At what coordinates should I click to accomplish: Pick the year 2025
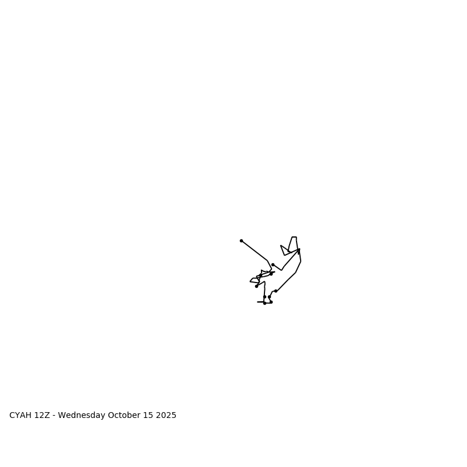166,416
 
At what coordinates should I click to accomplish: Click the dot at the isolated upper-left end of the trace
241,241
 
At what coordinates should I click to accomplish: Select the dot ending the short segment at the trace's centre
273,264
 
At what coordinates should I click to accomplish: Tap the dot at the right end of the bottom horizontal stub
271,302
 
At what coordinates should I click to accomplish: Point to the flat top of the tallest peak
294,237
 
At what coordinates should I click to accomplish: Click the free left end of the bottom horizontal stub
257,302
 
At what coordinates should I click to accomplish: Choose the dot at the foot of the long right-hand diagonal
276,291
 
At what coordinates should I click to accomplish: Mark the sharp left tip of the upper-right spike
281,245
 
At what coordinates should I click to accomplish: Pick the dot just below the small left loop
256,286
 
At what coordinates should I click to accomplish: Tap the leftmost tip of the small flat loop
250,281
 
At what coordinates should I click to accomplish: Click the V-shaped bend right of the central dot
282,270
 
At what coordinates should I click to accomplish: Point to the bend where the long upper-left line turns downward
267,260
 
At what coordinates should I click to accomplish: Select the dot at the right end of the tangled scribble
271,274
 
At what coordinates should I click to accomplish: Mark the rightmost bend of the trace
301,261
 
